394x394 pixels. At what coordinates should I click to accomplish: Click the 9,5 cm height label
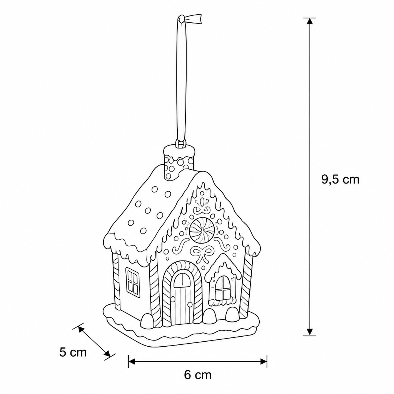tap(340, 180)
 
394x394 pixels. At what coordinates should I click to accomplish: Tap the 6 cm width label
tap(198, 375)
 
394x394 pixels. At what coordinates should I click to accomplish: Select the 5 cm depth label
tap(73, 352)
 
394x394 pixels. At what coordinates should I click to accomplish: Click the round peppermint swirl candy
tap(202, 230)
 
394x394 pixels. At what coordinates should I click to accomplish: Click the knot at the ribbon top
tap(181, 19)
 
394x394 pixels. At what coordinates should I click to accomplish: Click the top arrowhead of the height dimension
tap(310, 21)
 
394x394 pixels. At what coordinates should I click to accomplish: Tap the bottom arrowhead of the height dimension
tap(310, 332)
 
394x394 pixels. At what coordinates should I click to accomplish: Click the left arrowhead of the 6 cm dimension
tap(132, 362)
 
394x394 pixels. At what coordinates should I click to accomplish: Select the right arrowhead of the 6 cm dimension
tap(264, 362)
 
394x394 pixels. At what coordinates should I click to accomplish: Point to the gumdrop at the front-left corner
tap(147, 321)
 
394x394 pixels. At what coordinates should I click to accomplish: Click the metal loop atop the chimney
tap(181, 144)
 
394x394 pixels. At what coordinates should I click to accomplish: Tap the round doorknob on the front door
tap(190, 305)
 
